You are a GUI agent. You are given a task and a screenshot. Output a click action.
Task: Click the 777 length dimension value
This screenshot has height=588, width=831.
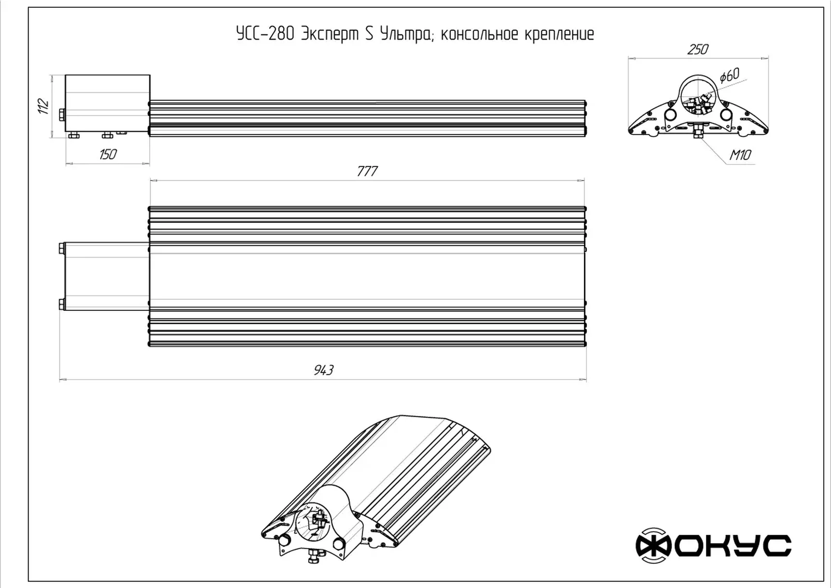pyautogui.click(x=367, y=171)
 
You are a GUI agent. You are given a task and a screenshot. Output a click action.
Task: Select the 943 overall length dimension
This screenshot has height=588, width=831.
pyautogui.click(x=323, y=370)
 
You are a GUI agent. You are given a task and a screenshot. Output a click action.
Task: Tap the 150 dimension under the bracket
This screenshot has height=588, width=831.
pyautogui.click(x=107, y=154)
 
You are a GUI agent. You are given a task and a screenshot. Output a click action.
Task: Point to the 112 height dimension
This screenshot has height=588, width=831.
pyautogui.click(x=43, y=106)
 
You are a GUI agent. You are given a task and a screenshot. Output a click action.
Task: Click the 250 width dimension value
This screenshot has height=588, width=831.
pyautogui.click(x=697, y=49)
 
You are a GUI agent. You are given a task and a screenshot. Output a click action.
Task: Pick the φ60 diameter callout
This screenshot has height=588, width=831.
pyautogui.click(x=729, y=75)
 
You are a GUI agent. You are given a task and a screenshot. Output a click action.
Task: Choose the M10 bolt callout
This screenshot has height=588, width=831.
pyautogui.click(x=740, y=155)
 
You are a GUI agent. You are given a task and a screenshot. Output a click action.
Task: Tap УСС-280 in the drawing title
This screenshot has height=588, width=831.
pyautogui.click(x=265, y=34)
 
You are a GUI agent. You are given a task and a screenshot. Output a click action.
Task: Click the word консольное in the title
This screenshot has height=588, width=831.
pyautogui.click(x=480, y=34)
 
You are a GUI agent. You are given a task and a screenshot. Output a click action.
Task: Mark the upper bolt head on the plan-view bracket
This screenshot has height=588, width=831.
pyautogui.click(x=61, y=249)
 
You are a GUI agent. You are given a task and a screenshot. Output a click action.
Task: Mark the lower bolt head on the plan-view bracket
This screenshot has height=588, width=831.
pyautogui.click(x=61, y=304)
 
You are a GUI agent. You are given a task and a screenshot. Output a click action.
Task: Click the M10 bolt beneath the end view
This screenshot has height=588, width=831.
pyautogui.click(x=698, y=132)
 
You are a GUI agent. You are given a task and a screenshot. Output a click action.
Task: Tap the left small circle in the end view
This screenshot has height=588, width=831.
pyautogui.click(x=671, y=115)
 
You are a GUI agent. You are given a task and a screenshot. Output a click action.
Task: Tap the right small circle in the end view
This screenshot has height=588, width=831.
pyautogui.click(x=726, y=115)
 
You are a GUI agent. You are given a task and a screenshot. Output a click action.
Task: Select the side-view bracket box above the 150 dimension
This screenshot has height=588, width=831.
pyautogui.click(x=107, y=103)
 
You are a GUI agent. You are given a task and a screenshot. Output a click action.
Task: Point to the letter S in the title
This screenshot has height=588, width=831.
pyautogui.click(x=369, y=34)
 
